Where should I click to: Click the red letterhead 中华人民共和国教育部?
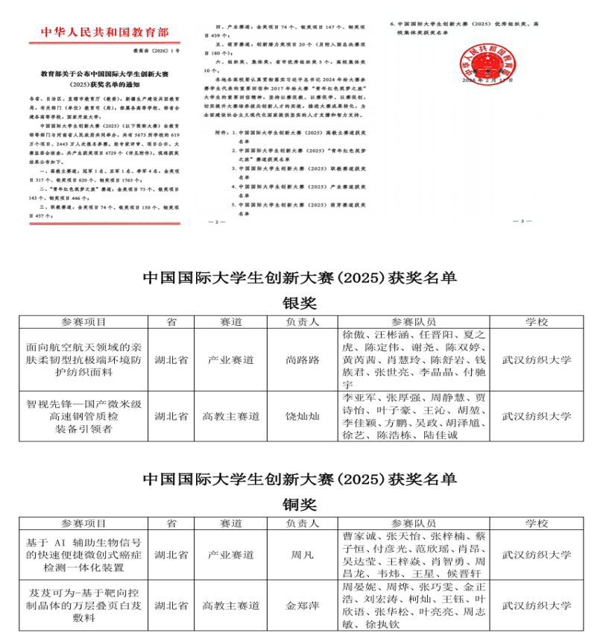coord(105,32)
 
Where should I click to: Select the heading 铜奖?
coord(300,504)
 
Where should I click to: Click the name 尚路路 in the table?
coord(303,360)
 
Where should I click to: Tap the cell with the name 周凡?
coord(303,555)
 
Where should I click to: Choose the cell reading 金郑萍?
coord(303,605)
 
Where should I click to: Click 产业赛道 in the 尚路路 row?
coord(231,360)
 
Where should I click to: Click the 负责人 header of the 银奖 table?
coord(303,322)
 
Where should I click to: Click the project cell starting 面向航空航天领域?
coord(83,360)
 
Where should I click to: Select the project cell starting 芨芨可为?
coord(83,605)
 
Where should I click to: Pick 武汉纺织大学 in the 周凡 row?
coord(537,555)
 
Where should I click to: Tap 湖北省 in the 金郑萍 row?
coord(171,605)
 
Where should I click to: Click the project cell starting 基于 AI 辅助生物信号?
coord(83,555)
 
